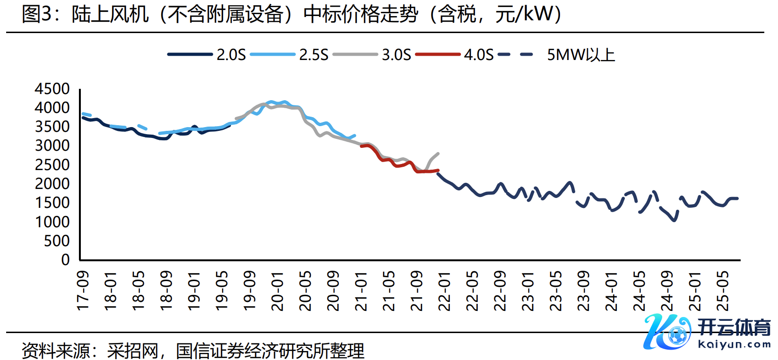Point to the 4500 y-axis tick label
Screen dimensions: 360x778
pyautogui.click(x=52, y=89)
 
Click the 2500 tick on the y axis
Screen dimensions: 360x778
pyautogui.click(x=52, y=165)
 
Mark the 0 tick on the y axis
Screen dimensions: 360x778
pyautogui.click(x=65, y=260)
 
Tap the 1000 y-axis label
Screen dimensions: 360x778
pyautogui.click(x=52, y=222)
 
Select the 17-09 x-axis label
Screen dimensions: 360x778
pyautogui.click(x=83, y=291)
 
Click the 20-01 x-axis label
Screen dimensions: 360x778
pyautogui.click(x=277, y=291)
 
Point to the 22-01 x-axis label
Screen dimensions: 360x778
pyautogui.click(x=444, y=291)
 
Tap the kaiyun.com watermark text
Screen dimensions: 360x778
pyautogui.click(x=734, y=344)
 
